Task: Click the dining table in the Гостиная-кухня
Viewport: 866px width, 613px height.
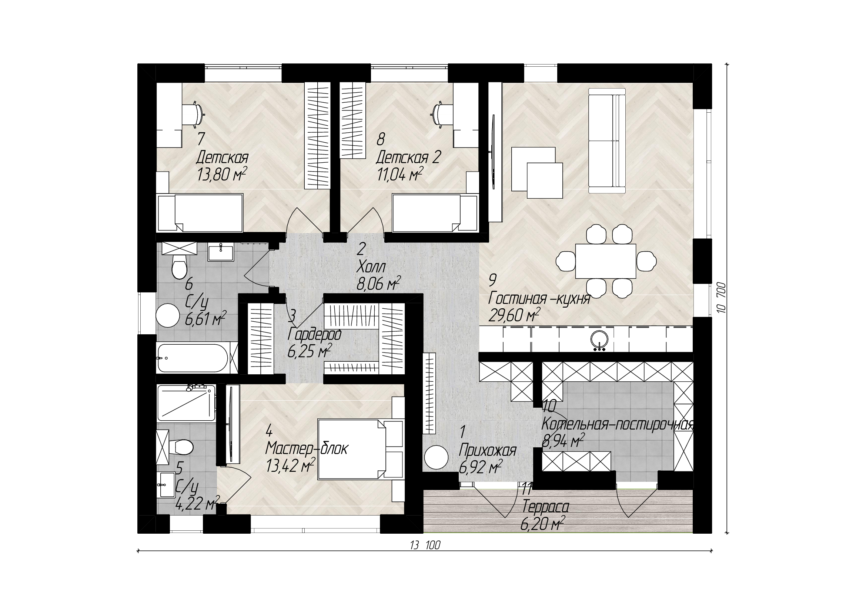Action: (x=606, y=261)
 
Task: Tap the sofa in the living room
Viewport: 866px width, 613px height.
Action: (x=607, y=138)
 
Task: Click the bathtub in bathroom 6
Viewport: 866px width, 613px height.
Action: (x=193, y=358)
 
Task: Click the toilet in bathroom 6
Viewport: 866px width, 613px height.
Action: (x=179, y=266)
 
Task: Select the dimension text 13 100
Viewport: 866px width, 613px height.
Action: (x=425, y=546)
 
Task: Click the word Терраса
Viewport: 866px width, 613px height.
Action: (x=545, y=507)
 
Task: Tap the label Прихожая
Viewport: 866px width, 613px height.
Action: (x=487, y=451)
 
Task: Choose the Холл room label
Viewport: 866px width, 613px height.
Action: (x=371, y=267)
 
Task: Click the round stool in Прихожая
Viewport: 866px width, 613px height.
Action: (x=436, y=457)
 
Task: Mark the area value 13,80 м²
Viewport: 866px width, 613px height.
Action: (x=222, y=175)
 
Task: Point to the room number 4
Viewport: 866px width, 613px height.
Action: (x=269, y=430)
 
